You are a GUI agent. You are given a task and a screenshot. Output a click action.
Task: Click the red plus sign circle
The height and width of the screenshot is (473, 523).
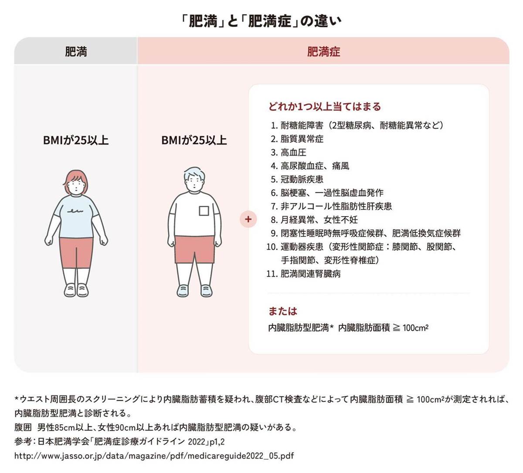click(248, 219)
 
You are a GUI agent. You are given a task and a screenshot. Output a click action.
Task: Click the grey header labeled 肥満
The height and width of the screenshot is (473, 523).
click(76, 51)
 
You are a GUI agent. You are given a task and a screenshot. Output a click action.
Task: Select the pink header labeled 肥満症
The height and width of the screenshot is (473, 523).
click(323, 51)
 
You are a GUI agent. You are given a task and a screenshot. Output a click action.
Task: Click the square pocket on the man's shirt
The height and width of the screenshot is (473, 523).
click(204, 211)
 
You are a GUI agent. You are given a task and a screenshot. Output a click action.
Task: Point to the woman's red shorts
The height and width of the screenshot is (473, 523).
click(76, 252)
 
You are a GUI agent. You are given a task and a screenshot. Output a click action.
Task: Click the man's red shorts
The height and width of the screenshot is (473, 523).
click(194, 248)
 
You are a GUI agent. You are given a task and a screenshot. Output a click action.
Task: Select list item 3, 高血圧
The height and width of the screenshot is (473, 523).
click(293, 152)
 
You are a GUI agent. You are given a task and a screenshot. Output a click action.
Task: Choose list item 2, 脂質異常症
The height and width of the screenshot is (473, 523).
click(302, 139)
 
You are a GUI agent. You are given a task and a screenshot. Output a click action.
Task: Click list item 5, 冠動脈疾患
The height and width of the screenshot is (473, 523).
click(302, 179)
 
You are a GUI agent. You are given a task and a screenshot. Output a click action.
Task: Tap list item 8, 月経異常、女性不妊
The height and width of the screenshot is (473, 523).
click(319, 220)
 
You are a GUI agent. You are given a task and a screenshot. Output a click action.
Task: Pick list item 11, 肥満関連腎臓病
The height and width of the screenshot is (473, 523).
click(310, 274)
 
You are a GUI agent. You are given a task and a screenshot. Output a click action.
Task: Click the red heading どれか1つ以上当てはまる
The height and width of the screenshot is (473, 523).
click(325, 106)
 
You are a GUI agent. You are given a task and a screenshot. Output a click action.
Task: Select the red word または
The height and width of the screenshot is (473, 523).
click(282, 311)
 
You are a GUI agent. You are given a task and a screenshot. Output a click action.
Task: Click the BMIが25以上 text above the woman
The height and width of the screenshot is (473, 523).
click(76, 140)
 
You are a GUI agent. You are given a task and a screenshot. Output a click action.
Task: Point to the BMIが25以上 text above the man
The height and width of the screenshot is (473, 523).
click(194, 140)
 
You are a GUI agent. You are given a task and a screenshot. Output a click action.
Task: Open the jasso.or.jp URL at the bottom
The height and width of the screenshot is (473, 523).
click(154, 456)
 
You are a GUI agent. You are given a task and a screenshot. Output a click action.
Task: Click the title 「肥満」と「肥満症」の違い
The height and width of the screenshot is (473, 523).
click(261, 20)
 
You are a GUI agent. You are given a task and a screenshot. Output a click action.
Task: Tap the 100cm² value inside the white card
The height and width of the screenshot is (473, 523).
click(415, 328)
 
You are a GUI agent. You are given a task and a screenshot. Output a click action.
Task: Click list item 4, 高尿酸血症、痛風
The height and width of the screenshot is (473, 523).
click(314, 166)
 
